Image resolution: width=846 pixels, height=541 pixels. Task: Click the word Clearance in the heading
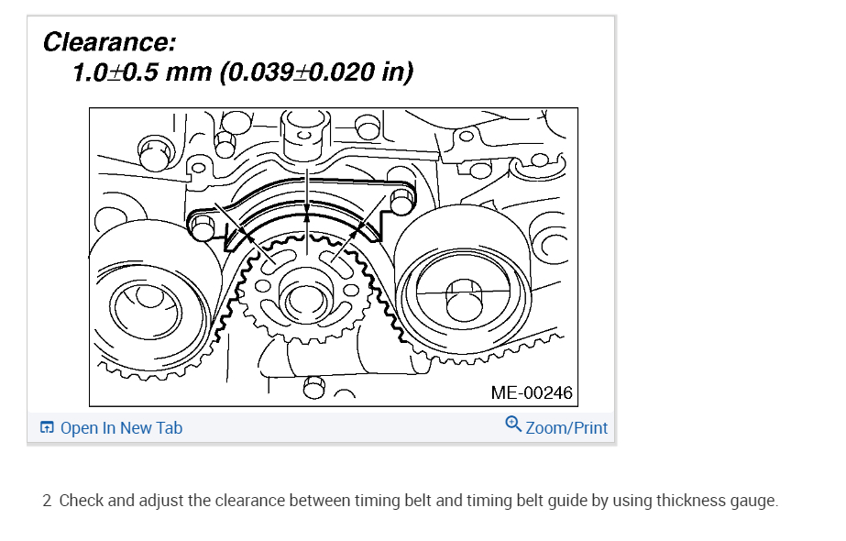109,42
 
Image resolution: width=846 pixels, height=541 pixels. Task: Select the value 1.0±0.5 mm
142,72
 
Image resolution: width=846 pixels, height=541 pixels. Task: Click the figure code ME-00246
532,392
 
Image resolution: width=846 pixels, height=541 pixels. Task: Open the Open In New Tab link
121,428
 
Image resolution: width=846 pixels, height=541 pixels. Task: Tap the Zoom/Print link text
566,428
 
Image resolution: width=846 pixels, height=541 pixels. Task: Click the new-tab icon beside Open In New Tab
47,428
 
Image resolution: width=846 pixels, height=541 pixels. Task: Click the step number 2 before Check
47,501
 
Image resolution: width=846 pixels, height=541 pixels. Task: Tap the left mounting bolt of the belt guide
203,226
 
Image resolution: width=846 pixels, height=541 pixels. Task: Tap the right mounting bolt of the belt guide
403,201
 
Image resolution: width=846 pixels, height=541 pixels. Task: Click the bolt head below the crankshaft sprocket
314,390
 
